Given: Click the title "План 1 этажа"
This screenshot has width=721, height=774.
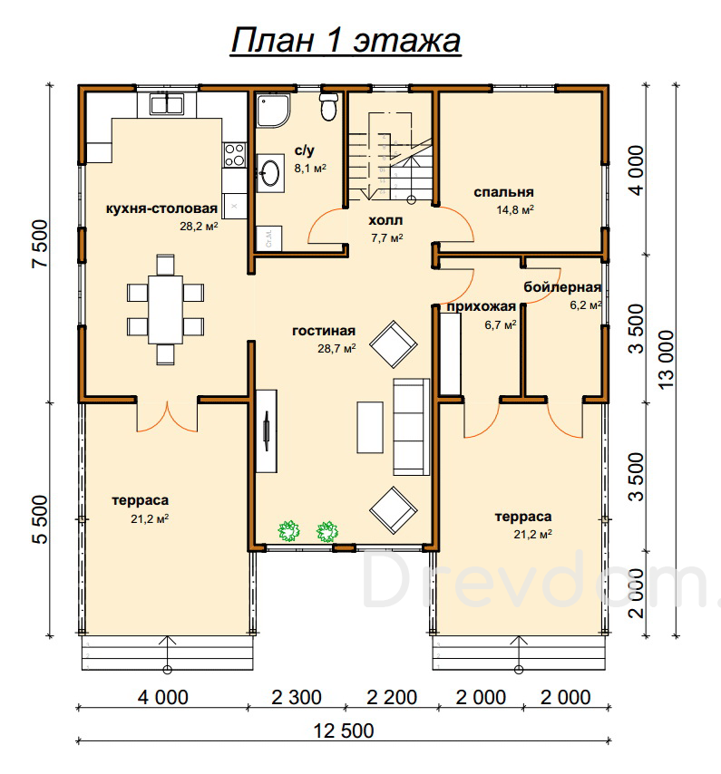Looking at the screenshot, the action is click(346, 40).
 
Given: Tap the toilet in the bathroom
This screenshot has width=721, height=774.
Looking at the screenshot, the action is click(329, 106).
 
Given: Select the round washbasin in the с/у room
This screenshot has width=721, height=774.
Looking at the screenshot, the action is click(270, 173).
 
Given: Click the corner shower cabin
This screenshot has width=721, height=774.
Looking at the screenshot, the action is click(273, 110).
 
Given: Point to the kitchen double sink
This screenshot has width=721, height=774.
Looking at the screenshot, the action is click(167, 104).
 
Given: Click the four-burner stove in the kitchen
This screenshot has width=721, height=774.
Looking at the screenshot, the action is click(234, 155).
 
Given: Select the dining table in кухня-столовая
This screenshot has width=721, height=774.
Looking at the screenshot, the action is click(165, 309).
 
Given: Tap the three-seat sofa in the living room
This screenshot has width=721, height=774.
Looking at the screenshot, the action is click(411, 427).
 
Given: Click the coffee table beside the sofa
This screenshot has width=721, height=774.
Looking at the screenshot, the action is click(370, 428).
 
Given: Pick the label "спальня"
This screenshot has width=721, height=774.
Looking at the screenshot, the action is click(503, 192).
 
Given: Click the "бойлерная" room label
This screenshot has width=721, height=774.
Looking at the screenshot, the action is click(562, 286).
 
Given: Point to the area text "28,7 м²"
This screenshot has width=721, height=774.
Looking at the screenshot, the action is click(336, 349).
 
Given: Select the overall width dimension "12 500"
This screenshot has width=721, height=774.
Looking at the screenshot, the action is click(344, 730).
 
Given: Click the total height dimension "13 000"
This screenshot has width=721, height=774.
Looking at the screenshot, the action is click(666, 359).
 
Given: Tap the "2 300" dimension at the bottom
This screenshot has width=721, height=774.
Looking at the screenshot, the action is click(297, 698).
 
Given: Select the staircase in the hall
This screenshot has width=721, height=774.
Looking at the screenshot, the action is click(390, 157).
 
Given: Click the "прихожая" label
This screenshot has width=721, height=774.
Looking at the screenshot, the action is click(482, 306).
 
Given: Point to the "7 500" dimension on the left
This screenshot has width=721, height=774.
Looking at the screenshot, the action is click(41, 244).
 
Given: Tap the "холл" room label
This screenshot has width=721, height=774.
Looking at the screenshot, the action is click(385, 220).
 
